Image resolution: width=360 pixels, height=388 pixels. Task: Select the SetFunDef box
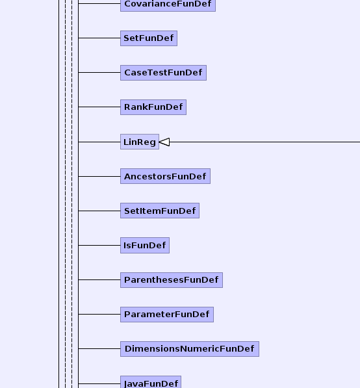(x=149, y=38)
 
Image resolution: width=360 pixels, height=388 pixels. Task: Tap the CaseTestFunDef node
(x=163, y=73)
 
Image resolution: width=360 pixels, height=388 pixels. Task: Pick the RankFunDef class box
(x=153, y=107)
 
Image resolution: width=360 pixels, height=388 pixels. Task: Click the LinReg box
(x=140, y=142)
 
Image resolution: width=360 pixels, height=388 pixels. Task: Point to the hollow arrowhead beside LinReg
(x=164, y=142)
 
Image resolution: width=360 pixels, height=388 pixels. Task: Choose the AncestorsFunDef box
(x=165, y=176)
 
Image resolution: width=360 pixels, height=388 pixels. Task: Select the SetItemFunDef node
(x=160, y=211)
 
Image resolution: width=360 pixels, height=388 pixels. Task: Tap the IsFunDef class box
(x=145, y=245)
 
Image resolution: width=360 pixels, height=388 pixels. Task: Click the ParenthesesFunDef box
(x=172, y=280)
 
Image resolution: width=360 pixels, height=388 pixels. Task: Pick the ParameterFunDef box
(x=167, y=315)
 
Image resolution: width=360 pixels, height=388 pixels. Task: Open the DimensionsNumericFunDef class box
(x=190, y=348)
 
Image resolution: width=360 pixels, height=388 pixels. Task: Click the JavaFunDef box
(x=151, y=382)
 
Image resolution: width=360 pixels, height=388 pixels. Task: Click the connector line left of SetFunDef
(x=99, y=38)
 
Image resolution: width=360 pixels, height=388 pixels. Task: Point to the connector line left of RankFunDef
(x=99, y=107)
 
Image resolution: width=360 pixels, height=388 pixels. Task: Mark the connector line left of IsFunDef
(x=99, y=245)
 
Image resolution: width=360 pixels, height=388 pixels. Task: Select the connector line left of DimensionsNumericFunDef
(x=99, y=348)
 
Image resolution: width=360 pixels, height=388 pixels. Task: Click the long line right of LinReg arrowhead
(x=264, y=142)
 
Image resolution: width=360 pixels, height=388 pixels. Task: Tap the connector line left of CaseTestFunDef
(x=99, y=73)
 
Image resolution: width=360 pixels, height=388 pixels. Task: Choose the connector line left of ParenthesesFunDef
(x=99, y=279)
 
